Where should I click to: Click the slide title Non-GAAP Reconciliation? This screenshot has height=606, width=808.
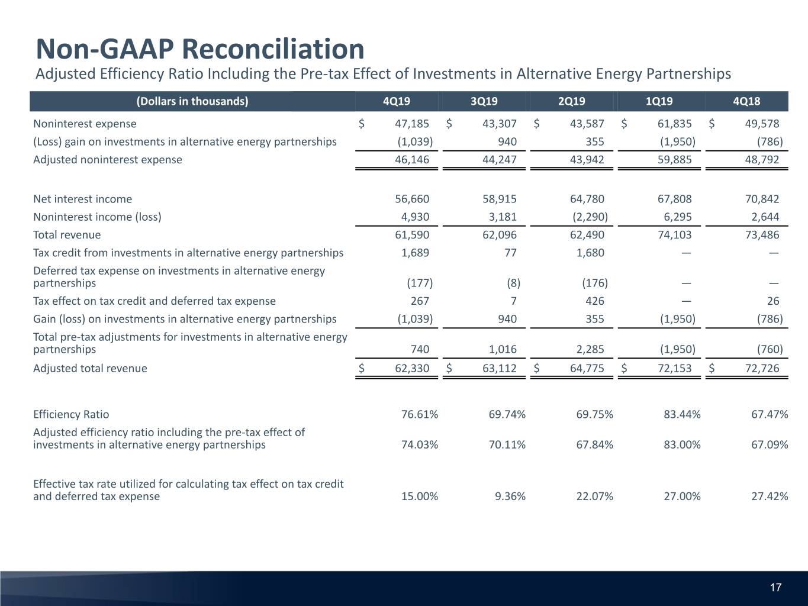click(x=200, y=49)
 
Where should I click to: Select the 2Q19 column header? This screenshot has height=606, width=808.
click(x=571, y=101)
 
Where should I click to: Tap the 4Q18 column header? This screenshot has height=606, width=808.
click(x=746, y=101)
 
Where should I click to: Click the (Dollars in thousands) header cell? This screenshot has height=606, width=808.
click(x=192, y=101)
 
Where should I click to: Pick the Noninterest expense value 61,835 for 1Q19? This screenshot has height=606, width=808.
click(x=674, y=124)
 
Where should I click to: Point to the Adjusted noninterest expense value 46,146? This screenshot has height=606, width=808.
click(x=412, y=160)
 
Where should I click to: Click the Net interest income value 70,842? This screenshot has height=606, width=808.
click(x=762, y=199)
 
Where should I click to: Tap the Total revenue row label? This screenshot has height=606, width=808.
click(x=67, y=235)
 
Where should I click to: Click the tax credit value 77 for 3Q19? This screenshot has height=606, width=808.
click(x=510, y=253)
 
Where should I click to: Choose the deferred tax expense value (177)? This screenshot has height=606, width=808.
click(x=420, y=283)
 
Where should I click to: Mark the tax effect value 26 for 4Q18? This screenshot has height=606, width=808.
click(x=773, y=301)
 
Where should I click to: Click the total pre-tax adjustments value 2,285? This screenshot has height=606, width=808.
click(x=590, y=349)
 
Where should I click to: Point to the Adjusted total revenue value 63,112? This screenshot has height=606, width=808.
click(x=500, y=368)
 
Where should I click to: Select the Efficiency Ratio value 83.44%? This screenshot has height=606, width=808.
click(x=682, y=414)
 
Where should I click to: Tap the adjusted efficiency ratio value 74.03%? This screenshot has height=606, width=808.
click(x=420, y=445)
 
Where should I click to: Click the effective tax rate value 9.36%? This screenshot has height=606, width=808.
click(x=510, y=497)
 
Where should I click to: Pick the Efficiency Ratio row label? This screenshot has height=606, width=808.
click(x=71, y=414)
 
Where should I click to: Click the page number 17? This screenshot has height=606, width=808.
click(x=775, y=588)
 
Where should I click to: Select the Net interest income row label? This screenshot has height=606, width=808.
click(x=83, y=199)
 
